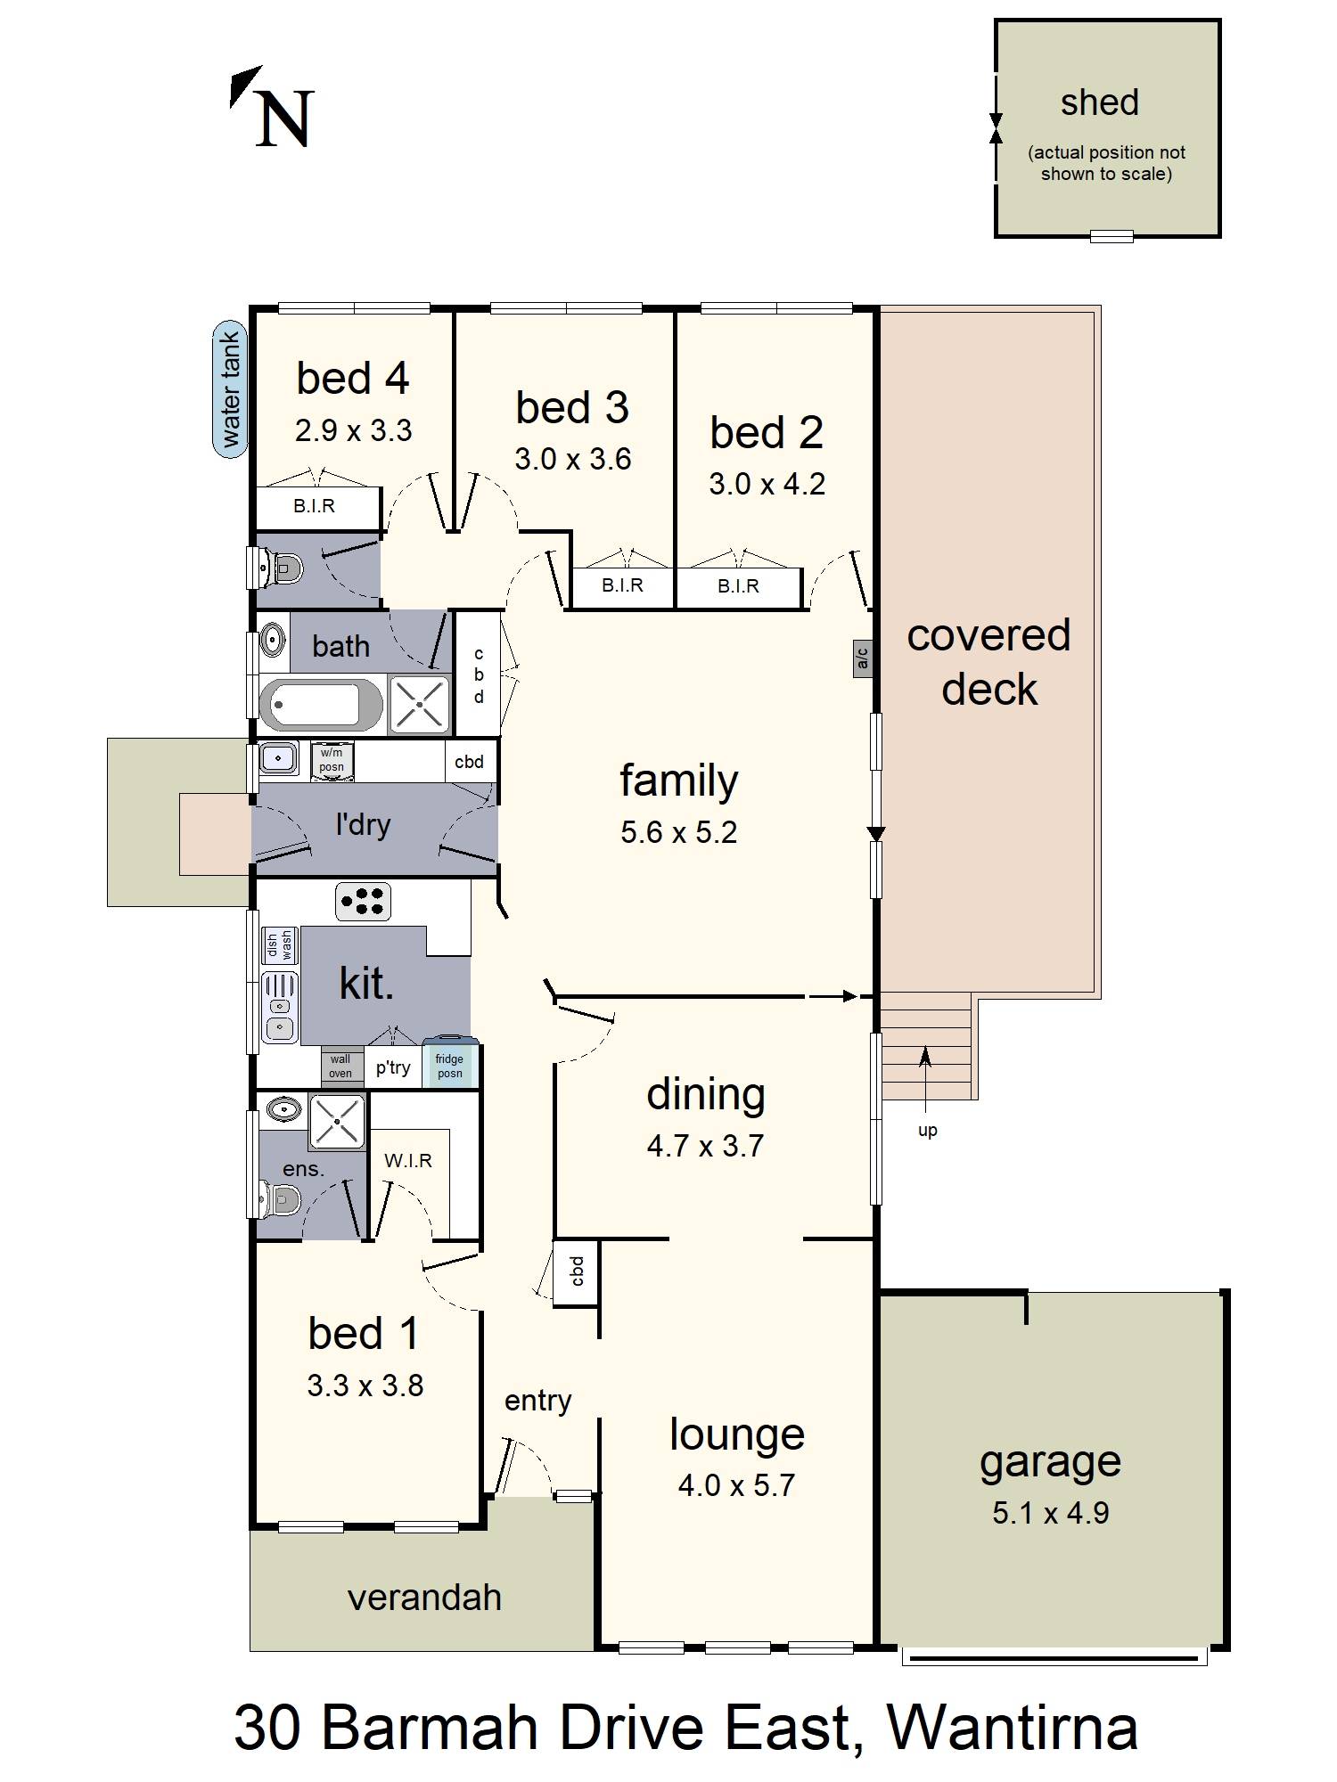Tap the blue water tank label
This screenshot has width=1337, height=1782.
[x=231, y=389]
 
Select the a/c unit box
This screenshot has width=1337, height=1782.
[x=862, y=658]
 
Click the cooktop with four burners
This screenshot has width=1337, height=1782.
[x=363, y=901]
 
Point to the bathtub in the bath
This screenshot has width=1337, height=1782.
[x=321, y=705]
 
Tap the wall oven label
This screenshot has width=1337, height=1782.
[x=340, y=1067]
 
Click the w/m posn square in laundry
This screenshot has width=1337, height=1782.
[x=332, y=761]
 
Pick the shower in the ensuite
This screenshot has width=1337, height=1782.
[x=337, y=1122]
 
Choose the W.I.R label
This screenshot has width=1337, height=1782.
[x=408, y=1161]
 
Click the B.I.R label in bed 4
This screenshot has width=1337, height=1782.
[x=315, y=506]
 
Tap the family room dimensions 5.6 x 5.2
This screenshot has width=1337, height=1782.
[x=679, y=832]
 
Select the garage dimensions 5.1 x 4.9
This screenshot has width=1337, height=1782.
[x=1051, y=1513]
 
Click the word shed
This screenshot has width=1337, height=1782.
[x=1099, y=102]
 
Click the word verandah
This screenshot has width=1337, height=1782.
[x=424, y=1598]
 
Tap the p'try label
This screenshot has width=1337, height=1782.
[x=393, y=1067]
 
